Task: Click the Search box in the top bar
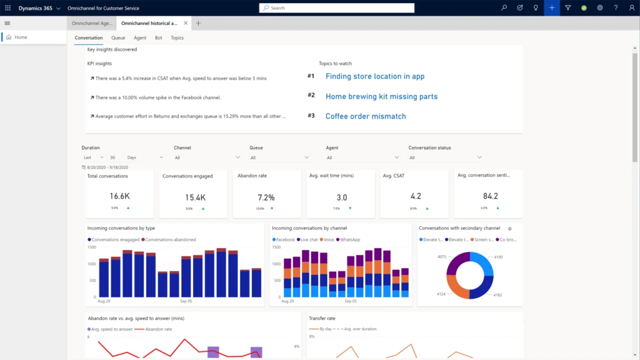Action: [336, 8]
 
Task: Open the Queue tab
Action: [118, 38]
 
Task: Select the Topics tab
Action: [177, 38]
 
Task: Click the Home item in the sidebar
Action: [21, 37]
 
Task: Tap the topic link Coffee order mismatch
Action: [366, 116]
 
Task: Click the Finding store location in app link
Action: [375, 76]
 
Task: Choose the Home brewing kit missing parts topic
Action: [381, 96]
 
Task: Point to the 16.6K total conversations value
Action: [119, 197]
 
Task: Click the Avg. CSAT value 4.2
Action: [416, 196]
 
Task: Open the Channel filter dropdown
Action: [206, 157]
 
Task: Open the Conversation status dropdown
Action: [445, 157]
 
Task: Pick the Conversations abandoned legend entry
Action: [170, 239]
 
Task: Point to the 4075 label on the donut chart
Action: [442, 257]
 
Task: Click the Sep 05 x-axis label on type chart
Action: [186, 301]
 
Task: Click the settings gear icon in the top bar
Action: [600, 8]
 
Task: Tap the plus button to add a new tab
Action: [198, 23]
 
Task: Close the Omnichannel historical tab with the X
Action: [186, 23]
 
